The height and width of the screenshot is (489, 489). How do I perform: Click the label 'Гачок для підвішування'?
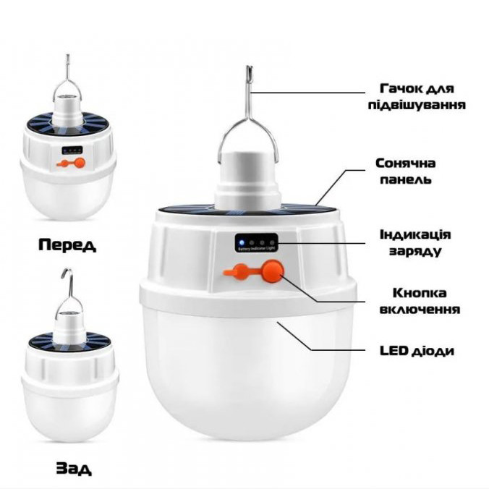[415, 97]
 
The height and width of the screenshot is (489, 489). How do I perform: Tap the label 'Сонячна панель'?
[404, 171]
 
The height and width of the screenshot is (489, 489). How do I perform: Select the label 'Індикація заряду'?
[415, 243]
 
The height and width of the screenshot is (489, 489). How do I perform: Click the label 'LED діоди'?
[417, 351]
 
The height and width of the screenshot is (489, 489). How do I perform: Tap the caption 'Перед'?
[67, 244]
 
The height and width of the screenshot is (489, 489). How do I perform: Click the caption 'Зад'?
[74, 469]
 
